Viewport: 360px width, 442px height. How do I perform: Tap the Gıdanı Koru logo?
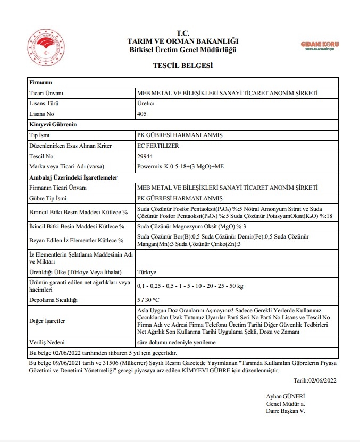pos(320,46)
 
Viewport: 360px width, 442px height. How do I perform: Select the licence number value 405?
pos(142,114)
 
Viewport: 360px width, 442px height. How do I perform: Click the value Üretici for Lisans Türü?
pos(146,103)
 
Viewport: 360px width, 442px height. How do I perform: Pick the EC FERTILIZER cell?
pos(158,145)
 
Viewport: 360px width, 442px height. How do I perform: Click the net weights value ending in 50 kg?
pos(190,286)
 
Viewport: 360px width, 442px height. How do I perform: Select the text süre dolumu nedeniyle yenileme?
pos(176,342)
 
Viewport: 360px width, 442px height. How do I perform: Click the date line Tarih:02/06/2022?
pos(315,380)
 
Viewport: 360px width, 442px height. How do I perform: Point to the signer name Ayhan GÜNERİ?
pos(285,396)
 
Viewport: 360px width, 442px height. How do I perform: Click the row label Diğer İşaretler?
pos(47,321)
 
